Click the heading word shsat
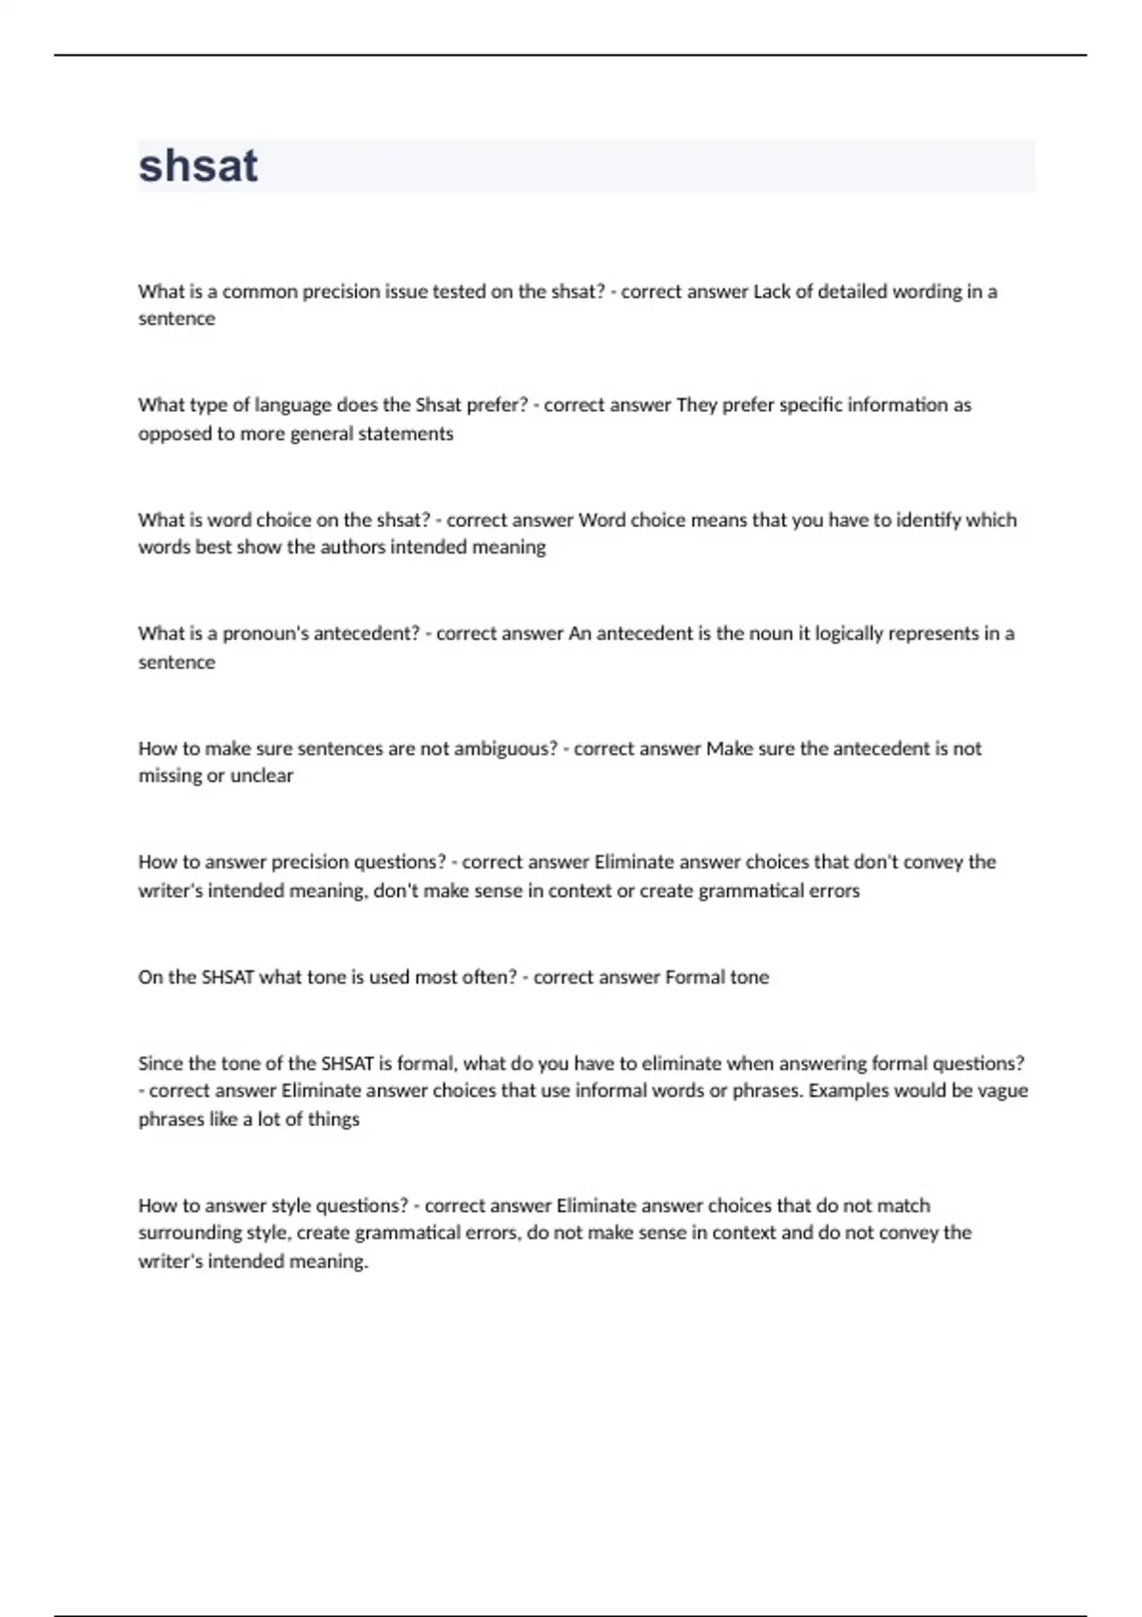tap(198, 166)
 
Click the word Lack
tap(771, 292)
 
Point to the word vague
tap(1002, 1091)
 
